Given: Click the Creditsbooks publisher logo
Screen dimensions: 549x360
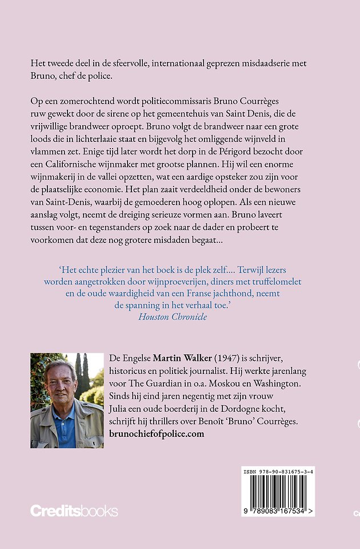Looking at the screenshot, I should click(x=74, y=511).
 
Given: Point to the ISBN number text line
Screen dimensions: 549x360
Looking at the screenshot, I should click(x=278, y=472).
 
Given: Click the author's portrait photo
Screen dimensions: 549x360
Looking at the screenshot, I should click(x=67, y=400).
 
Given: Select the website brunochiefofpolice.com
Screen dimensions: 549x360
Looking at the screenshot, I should click(x=156, y=434).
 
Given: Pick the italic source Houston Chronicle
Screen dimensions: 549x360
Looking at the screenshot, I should click(x=173, y=316).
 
